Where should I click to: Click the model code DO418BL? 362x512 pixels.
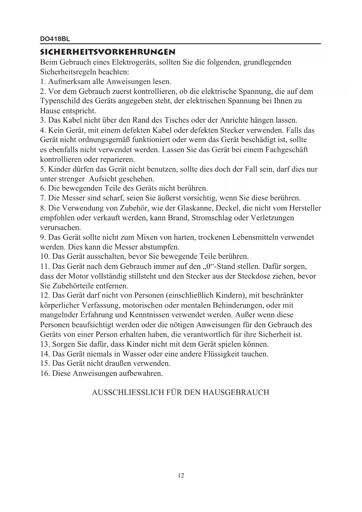pos(55,39)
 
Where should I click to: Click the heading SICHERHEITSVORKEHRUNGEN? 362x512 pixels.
pos(108,53)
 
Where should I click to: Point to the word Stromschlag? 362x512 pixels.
pos(212,218)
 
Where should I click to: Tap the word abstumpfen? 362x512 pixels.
pos(160,247)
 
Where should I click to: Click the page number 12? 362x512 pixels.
pos(181,476)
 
